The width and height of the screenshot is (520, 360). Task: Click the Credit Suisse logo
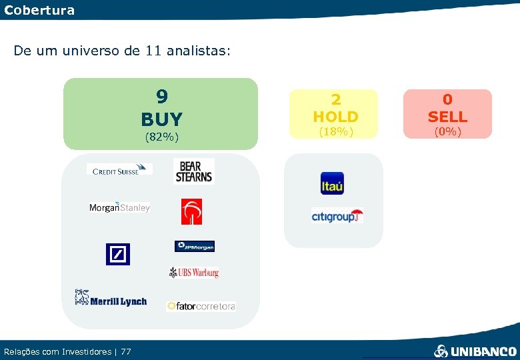pos(119,170)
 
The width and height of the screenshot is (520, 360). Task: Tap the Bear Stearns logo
pos(193,171)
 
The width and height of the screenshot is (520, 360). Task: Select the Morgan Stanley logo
pos(119,207)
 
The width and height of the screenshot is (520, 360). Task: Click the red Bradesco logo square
pos(191,211)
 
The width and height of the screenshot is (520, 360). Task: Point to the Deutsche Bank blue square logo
pos(118,254)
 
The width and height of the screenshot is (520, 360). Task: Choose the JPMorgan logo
pos(195,247)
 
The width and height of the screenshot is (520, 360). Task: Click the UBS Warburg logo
pos(194,272)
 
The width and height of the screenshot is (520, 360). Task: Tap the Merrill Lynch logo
pos(111,298)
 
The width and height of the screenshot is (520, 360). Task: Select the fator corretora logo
pos(201,306)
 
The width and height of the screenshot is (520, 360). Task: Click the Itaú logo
pos(332,183)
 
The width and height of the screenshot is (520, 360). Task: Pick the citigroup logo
pos(337,215)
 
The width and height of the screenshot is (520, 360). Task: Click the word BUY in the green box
pos(161,119)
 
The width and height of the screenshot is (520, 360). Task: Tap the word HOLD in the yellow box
pos(335,117)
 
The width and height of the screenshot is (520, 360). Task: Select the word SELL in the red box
pos(447,117)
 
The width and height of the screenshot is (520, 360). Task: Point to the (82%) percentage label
pos(161,137)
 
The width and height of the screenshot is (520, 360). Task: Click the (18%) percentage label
pos(335,131)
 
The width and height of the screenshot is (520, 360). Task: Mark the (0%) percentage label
pos(447,131)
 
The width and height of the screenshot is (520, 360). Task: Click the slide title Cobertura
pos(39,10)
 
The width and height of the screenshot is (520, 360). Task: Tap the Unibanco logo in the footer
pos(475,351)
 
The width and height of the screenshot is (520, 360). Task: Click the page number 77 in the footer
pos(126,351)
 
